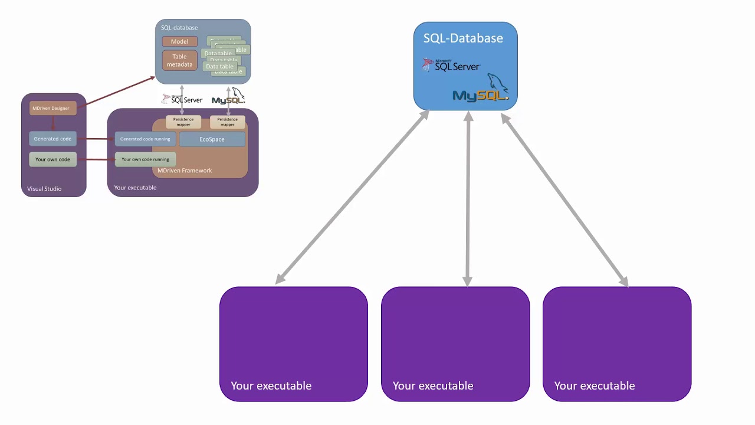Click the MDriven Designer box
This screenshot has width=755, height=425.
(52, 108)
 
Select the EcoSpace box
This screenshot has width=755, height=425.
(212, 139)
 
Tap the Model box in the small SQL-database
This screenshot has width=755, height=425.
(179, 42)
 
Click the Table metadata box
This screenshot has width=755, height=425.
(179, 60)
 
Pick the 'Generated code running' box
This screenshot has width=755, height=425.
(145, 139)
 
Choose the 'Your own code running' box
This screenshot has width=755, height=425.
(145, 159)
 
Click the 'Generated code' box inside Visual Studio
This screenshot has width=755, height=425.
(52, 139)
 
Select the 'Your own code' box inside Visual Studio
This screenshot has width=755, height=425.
(52, 159)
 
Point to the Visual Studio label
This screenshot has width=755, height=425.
(44, 189)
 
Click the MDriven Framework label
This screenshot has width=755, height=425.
(184, 171)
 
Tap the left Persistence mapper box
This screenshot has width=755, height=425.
(183, 122)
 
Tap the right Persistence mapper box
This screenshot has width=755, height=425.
(227, 122)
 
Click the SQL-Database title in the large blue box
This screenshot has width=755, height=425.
(463, 38)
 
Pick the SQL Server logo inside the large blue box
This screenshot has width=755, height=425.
(452, 66)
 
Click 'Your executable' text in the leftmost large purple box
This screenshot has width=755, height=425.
(271, 385)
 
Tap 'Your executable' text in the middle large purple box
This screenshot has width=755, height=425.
(432, 385)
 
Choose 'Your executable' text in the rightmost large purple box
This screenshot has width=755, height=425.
(594, 385)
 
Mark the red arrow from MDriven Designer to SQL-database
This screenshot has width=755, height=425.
(118, 91)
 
